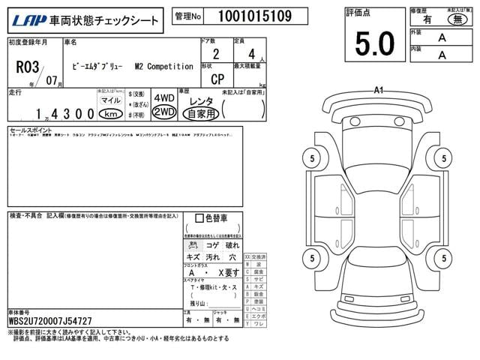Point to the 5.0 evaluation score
click(x=374, y=44)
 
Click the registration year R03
click(x=27, y=64)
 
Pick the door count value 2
click(x=216, y=54)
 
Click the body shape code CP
click(x=216, y=79)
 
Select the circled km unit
click(x=110, y=114)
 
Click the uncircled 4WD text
click(x=163, y=99)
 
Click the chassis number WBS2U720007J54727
click(x=50, y=321)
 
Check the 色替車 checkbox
click(x=199, y=218)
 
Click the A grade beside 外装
click(x=442, y=37)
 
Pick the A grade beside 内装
click(x=442, y=54)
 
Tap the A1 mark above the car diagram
click(x=379, y=90)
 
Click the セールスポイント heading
click(x=31, y=130)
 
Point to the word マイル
click(x=109, y=100)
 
